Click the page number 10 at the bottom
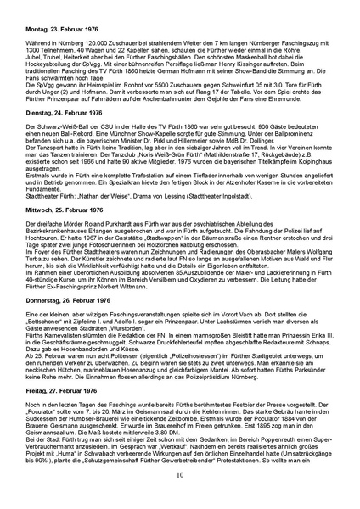[180, 498]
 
